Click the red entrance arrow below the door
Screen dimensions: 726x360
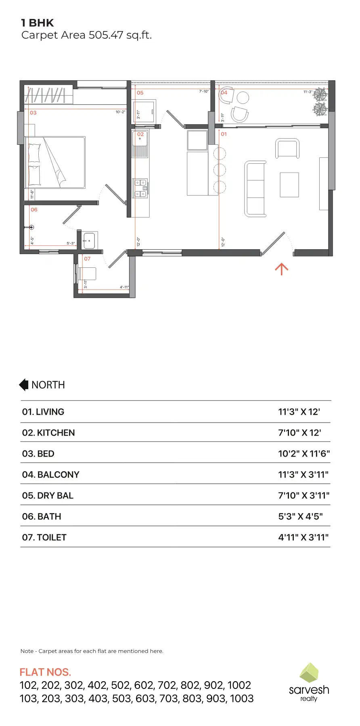[x=281, y=269]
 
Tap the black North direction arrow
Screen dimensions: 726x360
[x=24, y=385]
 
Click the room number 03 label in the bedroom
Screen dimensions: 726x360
[x=33, y=113]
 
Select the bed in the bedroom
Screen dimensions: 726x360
[x=55, y=162]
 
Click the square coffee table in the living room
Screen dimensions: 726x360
[x=289, y=185]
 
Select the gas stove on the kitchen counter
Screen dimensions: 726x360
[x=140, y=188]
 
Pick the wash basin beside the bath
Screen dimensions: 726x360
[x=89, y=240]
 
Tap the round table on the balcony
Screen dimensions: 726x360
[x=243, y=98]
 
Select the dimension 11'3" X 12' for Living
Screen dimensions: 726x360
[x=299, y=412]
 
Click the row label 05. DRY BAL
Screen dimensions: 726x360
[x=48, y=496]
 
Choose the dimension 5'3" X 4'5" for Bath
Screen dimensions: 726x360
[x=300, y=517]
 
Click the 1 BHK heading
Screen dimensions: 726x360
[x=38, y=23]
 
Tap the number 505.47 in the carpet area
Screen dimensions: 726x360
[x=106, y=35]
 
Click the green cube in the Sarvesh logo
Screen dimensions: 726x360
[x=309, y=673]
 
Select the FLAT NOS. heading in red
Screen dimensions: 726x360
[x=45, y=672]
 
